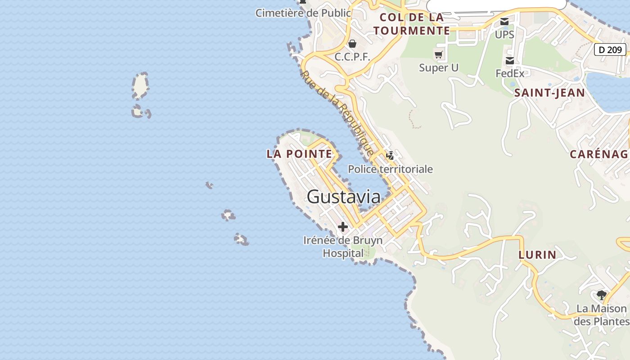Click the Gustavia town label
pos(343,197)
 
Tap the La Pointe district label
pos(299,154)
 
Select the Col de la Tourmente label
pos(412,24)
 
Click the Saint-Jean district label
pos(549,93)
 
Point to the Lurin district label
pos(537,255)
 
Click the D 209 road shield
pos(610,49)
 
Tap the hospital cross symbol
pos(343,226)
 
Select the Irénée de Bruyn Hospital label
pos(343,247)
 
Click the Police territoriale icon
pos(390,156)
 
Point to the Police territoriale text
pos(390,169)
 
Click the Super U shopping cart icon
pos(439,55)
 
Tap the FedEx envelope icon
pos(510,61)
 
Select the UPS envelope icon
pos(504,22)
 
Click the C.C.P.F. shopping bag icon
pos(352,44)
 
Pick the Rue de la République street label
pos(337,113)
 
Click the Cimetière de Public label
pos(303,13)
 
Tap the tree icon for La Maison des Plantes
pos(602,295)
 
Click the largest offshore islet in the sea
pos(140,85)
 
